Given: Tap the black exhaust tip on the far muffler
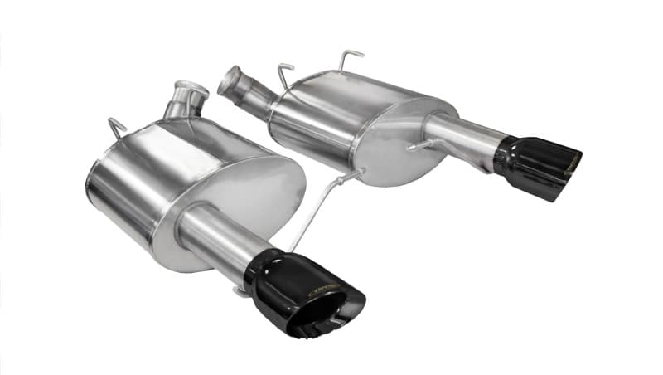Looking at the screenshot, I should [535, 163].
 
